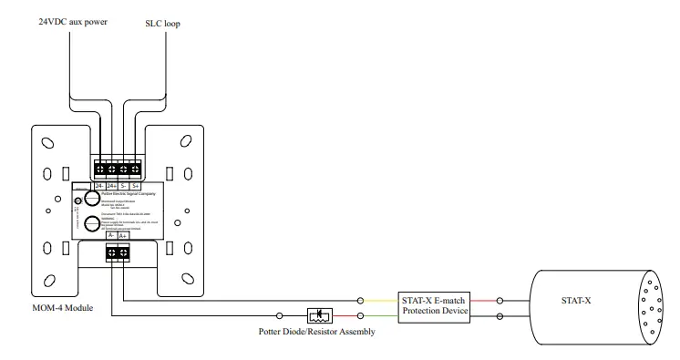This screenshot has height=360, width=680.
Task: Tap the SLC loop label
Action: (162, 22)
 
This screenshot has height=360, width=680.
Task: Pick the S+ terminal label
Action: (135, 186)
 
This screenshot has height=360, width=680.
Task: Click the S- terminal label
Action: (123, 186)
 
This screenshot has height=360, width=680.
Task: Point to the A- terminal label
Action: (111, 235)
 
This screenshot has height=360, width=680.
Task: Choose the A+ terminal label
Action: (123, 235)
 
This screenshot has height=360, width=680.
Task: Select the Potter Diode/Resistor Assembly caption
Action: (314, 332)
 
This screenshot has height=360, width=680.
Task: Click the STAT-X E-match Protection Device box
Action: (433, 306)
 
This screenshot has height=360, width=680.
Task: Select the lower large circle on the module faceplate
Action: (91, 224)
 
